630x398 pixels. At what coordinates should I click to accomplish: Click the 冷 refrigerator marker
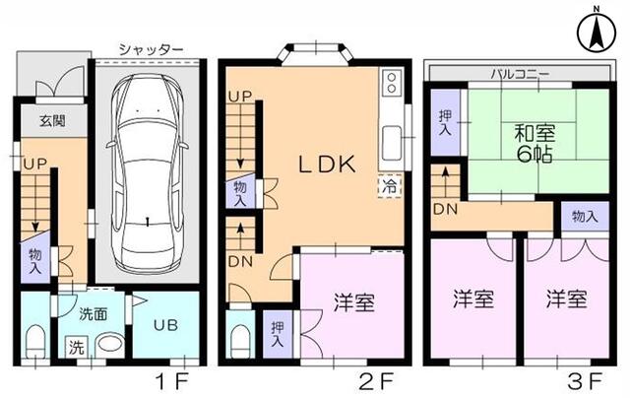389,184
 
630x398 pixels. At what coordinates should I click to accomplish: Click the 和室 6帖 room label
531,143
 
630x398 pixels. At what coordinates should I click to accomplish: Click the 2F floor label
379,378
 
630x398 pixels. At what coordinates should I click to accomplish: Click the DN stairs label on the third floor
445,210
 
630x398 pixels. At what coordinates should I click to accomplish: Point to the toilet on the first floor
36,341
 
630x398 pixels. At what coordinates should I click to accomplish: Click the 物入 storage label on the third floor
583,216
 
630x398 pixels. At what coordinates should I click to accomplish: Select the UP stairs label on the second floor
239,97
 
